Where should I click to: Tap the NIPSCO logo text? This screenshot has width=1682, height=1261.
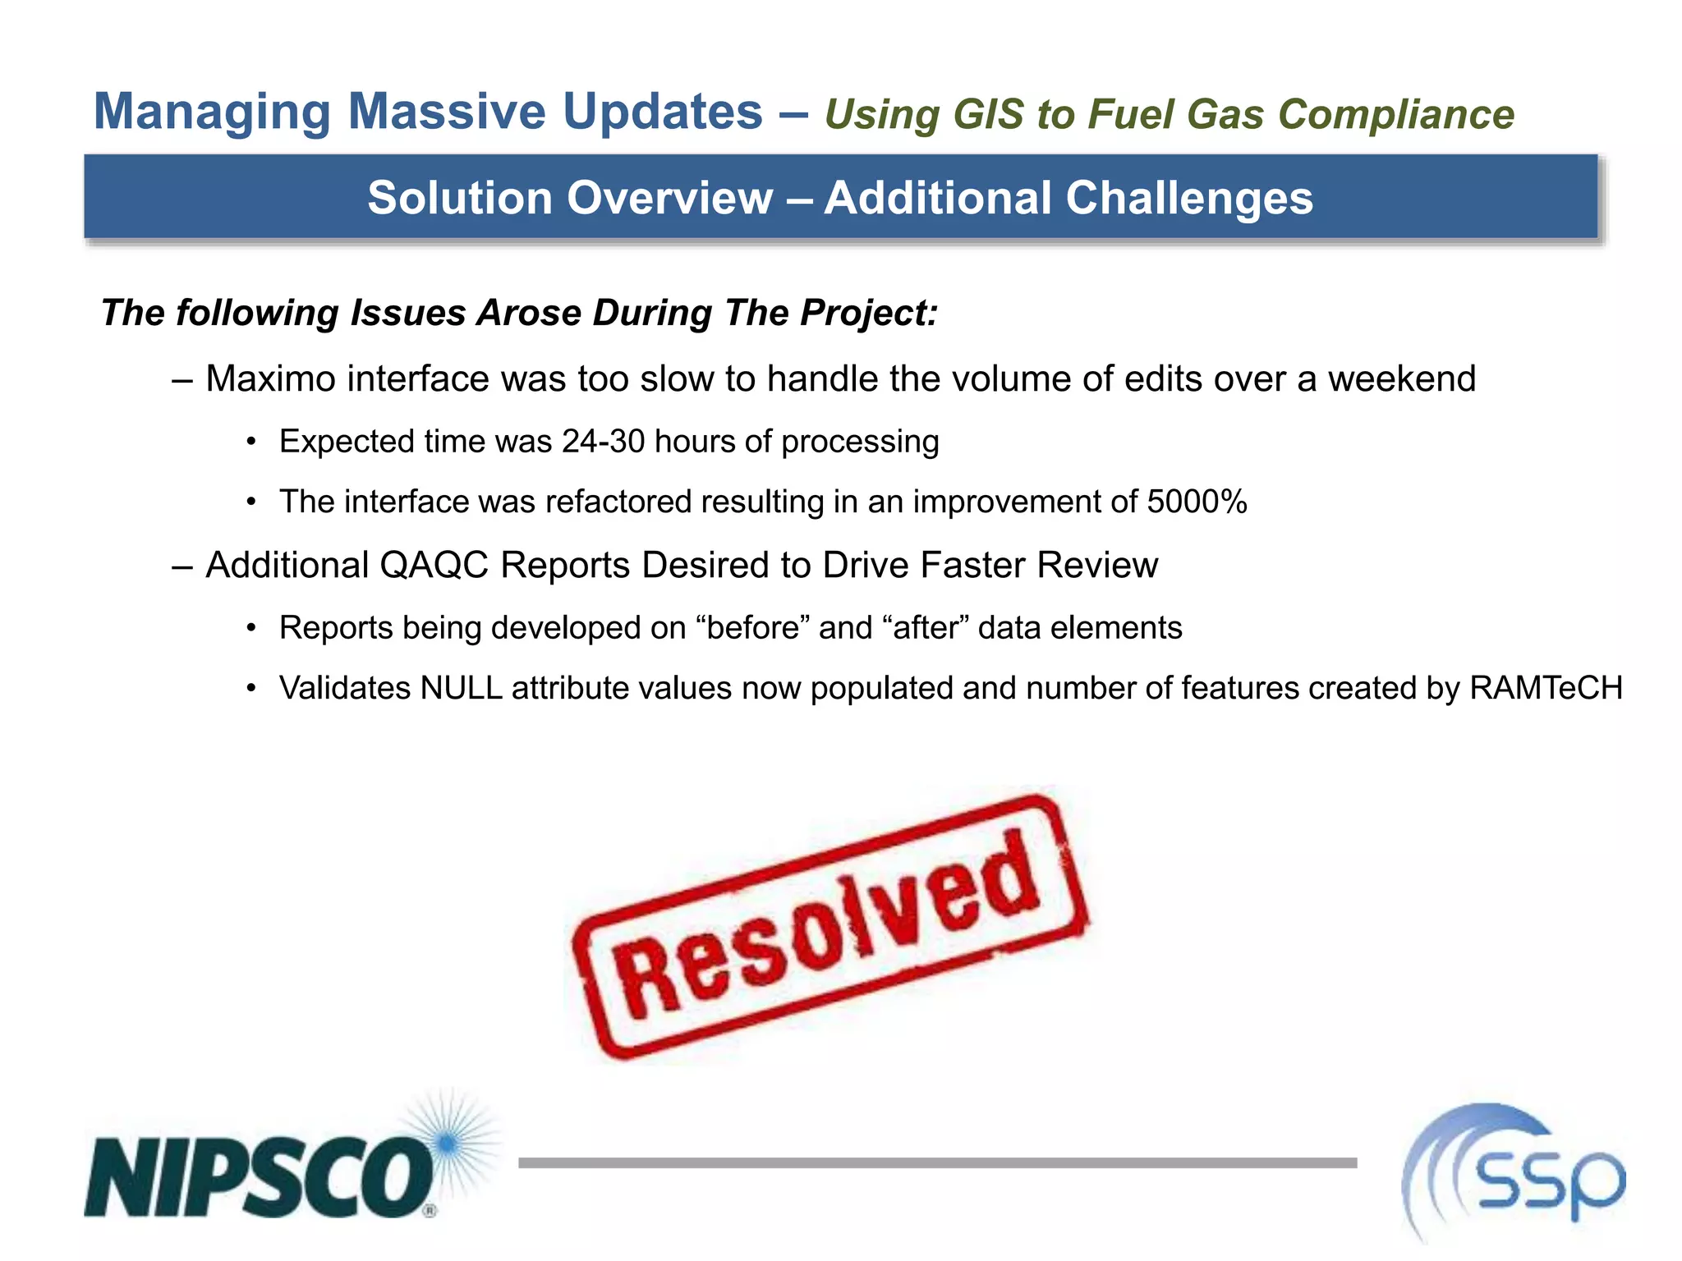(259, 1176)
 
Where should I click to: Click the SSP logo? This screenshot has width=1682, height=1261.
(1515, 1174)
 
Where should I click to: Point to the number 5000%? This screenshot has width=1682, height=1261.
(1197, 502)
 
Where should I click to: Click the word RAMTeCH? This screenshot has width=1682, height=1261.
(1546, 688)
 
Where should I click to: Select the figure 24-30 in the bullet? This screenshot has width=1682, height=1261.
(604, 442)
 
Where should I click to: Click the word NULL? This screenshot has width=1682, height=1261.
(461, 688)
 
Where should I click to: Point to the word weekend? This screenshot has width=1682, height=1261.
(1401, 379)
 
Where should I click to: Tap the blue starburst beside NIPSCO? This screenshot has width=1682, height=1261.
(448, 1142)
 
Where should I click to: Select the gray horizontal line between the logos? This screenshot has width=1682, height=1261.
(936, 1162)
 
